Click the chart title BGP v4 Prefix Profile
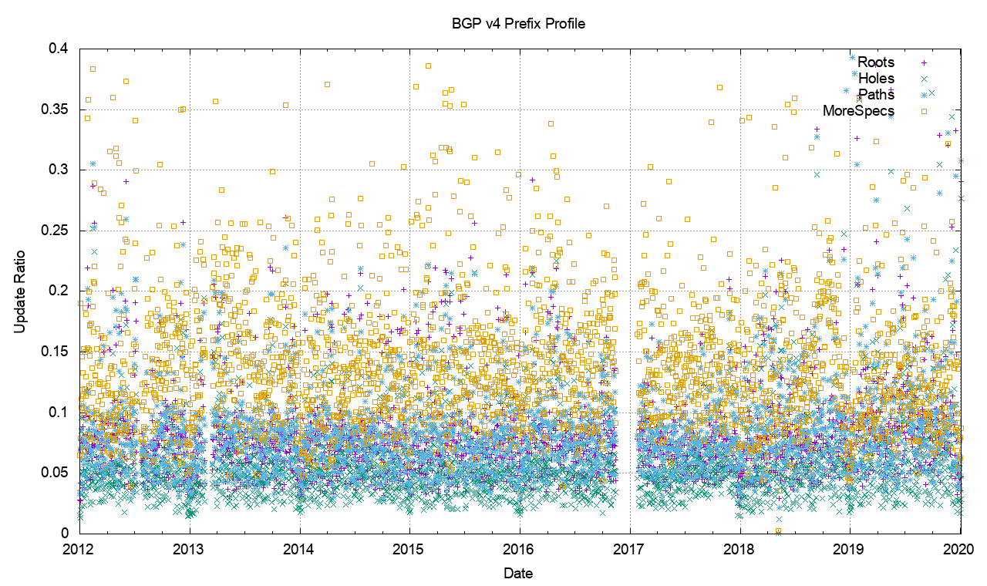[x=518, y=24]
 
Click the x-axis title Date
[x=517, y=574]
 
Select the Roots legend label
[x=876, y=62]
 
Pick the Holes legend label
[x=876, y=79]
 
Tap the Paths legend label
[x=876, y=95]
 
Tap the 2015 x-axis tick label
[x=409, y=549]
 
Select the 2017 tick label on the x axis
[x=630, y=549]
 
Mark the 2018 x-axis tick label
[x=740, y=549]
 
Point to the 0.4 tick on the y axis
[x=59, y=49]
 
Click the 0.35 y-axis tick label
[x=55, y=109]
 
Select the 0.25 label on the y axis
[x=55, y=231]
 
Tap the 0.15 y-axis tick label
[x=55, y=352]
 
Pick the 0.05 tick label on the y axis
[x=55, y=473]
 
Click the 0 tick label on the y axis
[x=66, y=533]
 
